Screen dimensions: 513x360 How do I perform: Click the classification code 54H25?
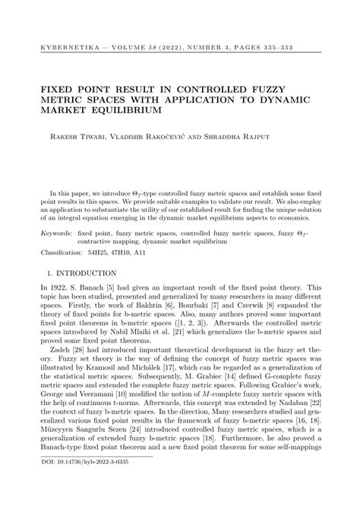click(x=101, y=251)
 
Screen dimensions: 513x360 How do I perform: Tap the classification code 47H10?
click(x=128, y=251)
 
